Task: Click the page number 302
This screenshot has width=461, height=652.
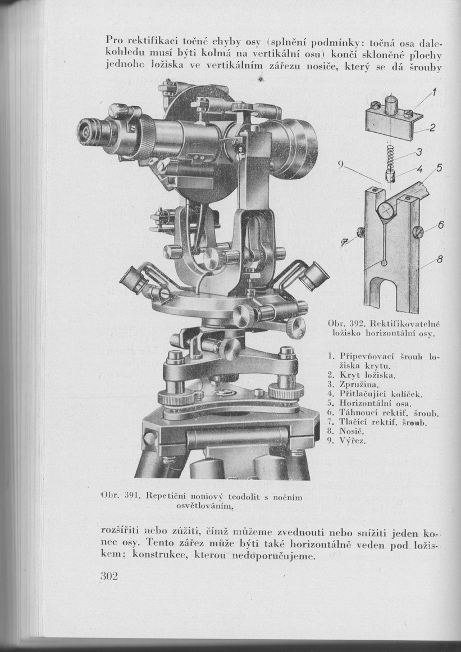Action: pyautogui.click(x=105, y=577)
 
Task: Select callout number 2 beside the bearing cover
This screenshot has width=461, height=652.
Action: pyautogui.click(x=431, y=127)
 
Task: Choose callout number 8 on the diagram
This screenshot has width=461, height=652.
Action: pyautogui.click(x=440, y=259)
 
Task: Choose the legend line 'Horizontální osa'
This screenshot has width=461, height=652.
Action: pyautogui.click(x=375, y=403)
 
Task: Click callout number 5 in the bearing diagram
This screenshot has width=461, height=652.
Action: pyautogui.click(x=439, y=168)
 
